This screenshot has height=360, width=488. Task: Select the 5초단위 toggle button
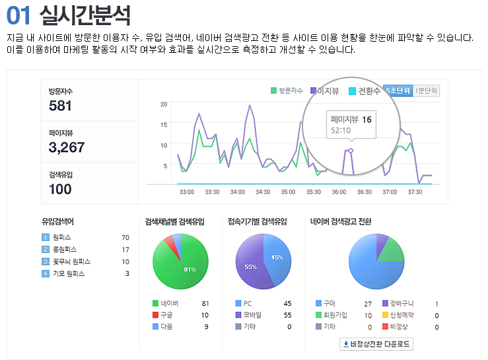398,90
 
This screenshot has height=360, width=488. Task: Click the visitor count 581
60,106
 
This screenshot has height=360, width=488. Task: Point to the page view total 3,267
67,147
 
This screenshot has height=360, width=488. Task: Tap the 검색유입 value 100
60,189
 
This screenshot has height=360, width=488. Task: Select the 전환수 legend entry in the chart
364,90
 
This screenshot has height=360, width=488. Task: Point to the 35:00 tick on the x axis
288,192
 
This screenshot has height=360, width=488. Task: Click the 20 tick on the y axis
164,104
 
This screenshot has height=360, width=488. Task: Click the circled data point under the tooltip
351,151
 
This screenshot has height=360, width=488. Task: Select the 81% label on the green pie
190,270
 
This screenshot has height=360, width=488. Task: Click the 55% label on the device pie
250,267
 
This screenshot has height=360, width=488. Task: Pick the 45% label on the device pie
277,257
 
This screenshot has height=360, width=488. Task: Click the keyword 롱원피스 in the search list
65,250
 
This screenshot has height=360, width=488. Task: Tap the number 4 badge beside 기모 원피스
45,273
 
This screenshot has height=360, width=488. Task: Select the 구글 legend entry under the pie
166,315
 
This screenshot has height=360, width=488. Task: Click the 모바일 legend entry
250,315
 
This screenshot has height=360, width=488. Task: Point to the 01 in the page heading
18,15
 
